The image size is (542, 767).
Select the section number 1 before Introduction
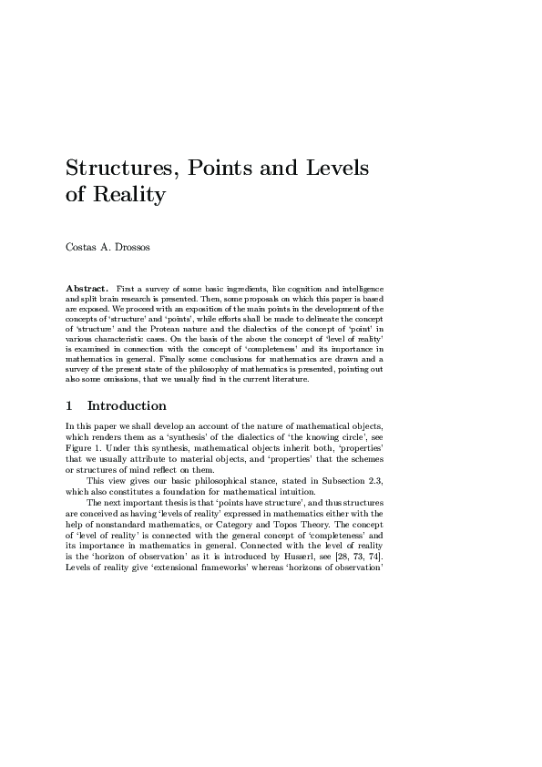point(70,405)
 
